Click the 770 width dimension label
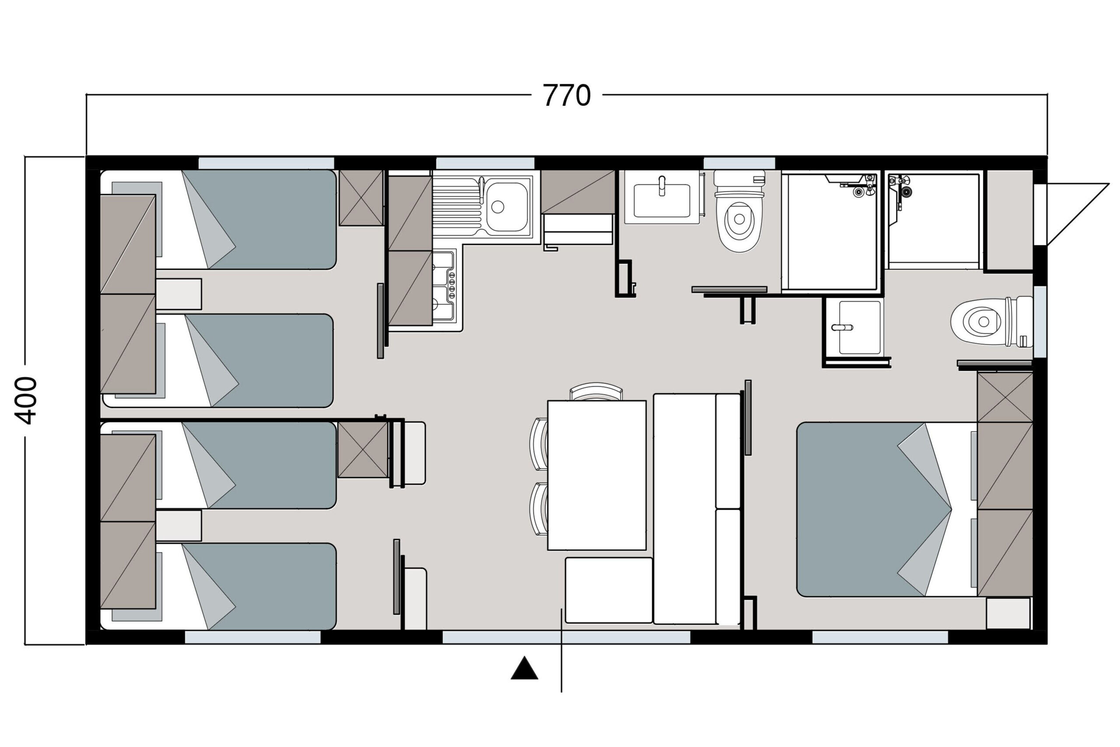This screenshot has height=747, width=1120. pyautogui.click(x=567, y=96)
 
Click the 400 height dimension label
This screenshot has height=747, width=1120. pyautogui.click(x=26, y=401)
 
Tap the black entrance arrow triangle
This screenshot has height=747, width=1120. pyautogui.click(x=524, y=668)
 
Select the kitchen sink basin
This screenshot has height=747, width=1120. pyautogui.click(x=507, y=207)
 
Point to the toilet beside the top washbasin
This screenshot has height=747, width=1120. pyautogui.click(x=739, y=211)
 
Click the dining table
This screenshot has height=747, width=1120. pyautogui.click(x=597, y=475)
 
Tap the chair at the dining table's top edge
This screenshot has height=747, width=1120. pyautogui.click(x=596, y=392)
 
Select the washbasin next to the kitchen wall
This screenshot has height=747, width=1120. pyautogui.click(x=662, y=197)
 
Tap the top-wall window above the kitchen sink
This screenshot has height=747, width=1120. pyautogui.click(x=485, y=163)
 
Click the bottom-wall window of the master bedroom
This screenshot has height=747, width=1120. pyautogui.click(x=880, y=638)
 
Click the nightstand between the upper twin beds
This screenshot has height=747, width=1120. pyautogui.click(x=178, y=294)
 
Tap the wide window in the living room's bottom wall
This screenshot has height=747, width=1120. pyautogui.click(x=566, y=638)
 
